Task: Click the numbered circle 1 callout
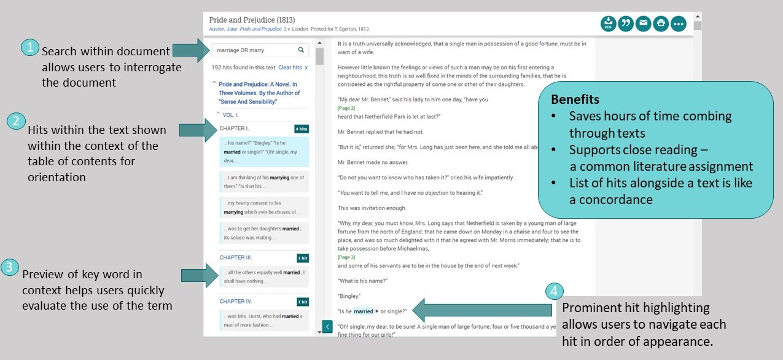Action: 29,48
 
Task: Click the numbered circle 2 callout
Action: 16,121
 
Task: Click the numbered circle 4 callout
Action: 554,291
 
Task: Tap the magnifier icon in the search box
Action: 301,50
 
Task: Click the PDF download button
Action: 608,24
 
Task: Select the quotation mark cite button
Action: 626,24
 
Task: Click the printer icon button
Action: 661,24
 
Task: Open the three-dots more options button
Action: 678,24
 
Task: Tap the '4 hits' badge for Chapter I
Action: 301,129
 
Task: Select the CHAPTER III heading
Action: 236,257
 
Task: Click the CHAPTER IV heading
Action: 236,302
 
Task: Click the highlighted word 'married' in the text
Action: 364,311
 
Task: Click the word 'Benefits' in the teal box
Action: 575,100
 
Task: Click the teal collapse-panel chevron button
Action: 327,326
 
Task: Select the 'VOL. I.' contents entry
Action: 231,115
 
